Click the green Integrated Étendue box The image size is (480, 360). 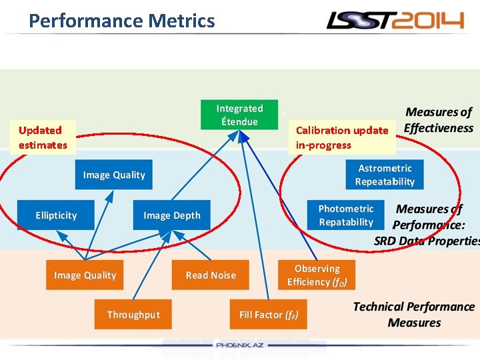tap(239, 115)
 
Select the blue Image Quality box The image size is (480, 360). tap(113, 175)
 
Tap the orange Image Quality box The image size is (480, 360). tap(85, 275)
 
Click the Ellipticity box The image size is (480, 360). tap(56, 215)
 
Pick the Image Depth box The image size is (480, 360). tap(171, 215)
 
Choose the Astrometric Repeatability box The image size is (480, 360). tap(385, 175)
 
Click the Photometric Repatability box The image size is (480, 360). tap(345, 215)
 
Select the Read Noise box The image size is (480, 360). tap(211, 275)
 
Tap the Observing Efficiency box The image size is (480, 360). tap(317, 275)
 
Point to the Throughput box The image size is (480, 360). tap(133, 315)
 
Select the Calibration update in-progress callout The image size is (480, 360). tap(341, 137)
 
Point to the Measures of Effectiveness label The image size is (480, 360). tap(439, 120)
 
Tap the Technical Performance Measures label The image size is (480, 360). tap(414, 315)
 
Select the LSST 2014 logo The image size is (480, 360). tap(395, 21)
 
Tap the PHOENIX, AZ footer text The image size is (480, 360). tap(240, 345)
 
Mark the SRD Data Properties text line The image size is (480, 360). tap(427, 241)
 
